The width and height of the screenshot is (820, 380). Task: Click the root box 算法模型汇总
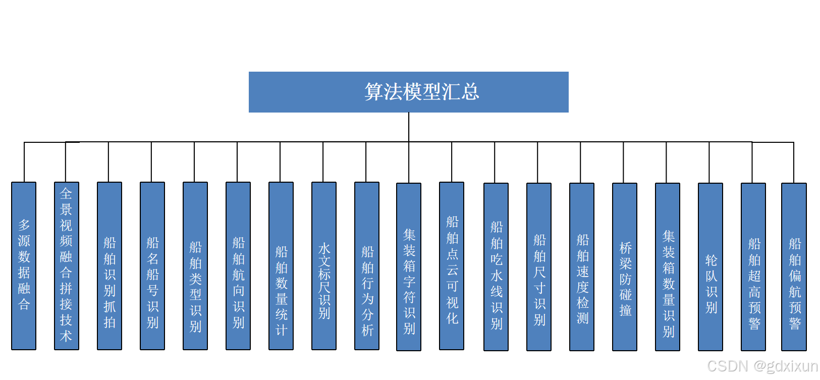click(408, 92)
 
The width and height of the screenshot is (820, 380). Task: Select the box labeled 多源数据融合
click(24, 265)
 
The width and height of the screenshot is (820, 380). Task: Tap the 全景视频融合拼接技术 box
click(67, 265)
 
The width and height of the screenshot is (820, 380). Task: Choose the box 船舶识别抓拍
click(110, 265)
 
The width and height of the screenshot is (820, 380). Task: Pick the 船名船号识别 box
click(152, 265)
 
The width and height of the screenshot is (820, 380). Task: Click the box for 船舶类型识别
click(195, 265)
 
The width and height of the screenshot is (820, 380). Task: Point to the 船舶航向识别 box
click(238, 265)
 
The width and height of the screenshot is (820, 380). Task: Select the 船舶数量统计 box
click(281, 265)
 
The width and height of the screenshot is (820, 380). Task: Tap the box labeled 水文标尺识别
click(324, 265)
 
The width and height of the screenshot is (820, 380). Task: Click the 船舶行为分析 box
click(367, 265)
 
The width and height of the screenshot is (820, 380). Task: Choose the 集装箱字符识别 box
click(409, 266)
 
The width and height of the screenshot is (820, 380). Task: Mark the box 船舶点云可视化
click(452, 265)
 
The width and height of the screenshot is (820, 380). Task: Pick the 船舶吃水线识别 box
click(496, 266)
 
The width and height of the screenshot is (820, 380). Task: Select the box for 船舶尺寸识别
click(539, 266)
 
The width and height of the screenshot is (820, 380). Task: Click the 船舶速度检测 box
click(582, 266)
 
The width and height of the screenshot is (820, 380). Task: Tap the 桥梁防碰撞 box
click(625, 266)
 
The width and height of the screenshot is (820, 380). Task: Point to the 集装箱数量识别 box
click(668, 266)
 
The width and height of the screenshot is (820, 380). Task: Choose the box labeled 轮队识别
click(710, 266)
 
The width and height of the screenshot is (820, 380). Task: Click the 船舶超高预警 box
click(753, 266)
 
